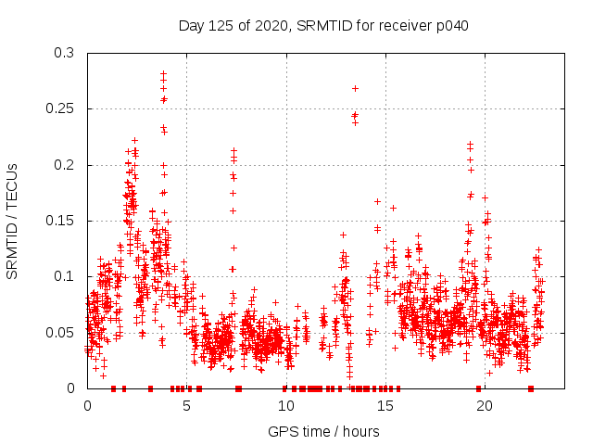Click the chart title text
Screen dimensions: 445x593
tap(323, 26)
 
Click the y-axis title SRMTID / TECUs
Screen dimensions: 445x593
tap(13, 222)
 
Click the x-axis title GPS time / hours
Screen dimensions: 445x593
tap(323, 431)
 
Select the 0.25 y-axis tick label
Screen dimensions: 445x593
tap(63, 109)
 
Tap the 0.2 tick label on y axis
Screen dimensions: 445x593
tap(67, 165)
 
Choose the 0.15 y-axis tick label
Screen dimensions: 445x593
tap(63, 221)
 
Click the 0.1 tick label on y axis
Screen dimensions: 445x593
tap(67, 276)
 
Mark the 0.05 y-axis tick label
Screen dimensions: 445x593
tap(63, 332)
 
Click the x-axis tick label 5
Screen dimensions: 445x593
tap(186, 406)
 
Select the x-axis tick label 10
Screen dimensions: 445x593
tap(285, 406)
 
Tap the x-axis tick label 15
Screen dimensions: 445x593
tap(385, 406)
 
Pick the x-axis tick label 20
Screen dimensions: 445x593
tap(484, 406)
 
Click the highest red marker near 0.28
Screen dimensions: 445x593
tap(163, 73)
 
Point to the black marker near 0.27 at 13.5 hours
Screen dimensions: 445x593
tap(355, 88)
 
